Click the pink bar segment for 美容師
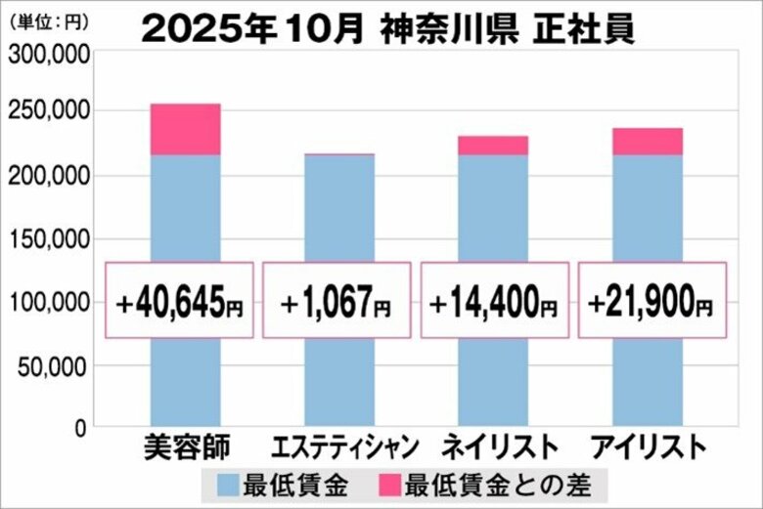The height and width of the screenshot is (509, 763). pyautogui.click(x=185, y=129)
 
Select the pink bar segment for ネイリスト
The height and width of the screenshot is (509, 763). pyautogui.click(x=493, y=146)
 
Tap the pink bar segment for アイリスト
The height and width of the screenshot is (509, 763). pyautogui.click(x=647, y=142)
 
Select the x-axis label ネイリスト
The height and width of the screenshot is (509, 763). pyautogui.click(x=500, y=448)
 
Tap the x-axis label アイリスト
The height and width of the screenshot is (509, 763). pyautogui.click(x=648, y=448)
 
